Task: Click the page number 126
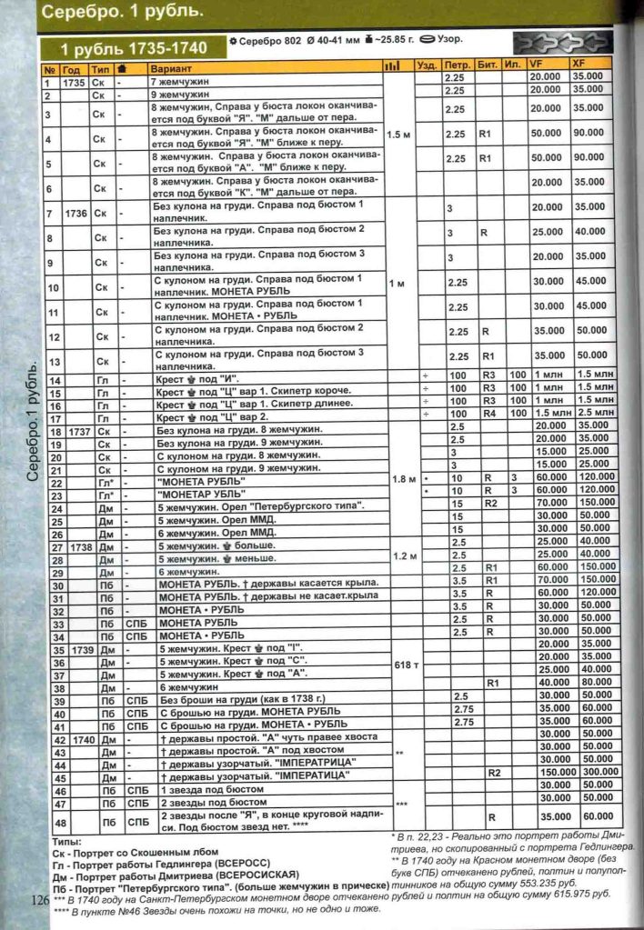pyautogui.click(x=36, y=900)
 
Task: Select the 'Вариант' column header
pyautogui.click(x=170, y=69)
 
